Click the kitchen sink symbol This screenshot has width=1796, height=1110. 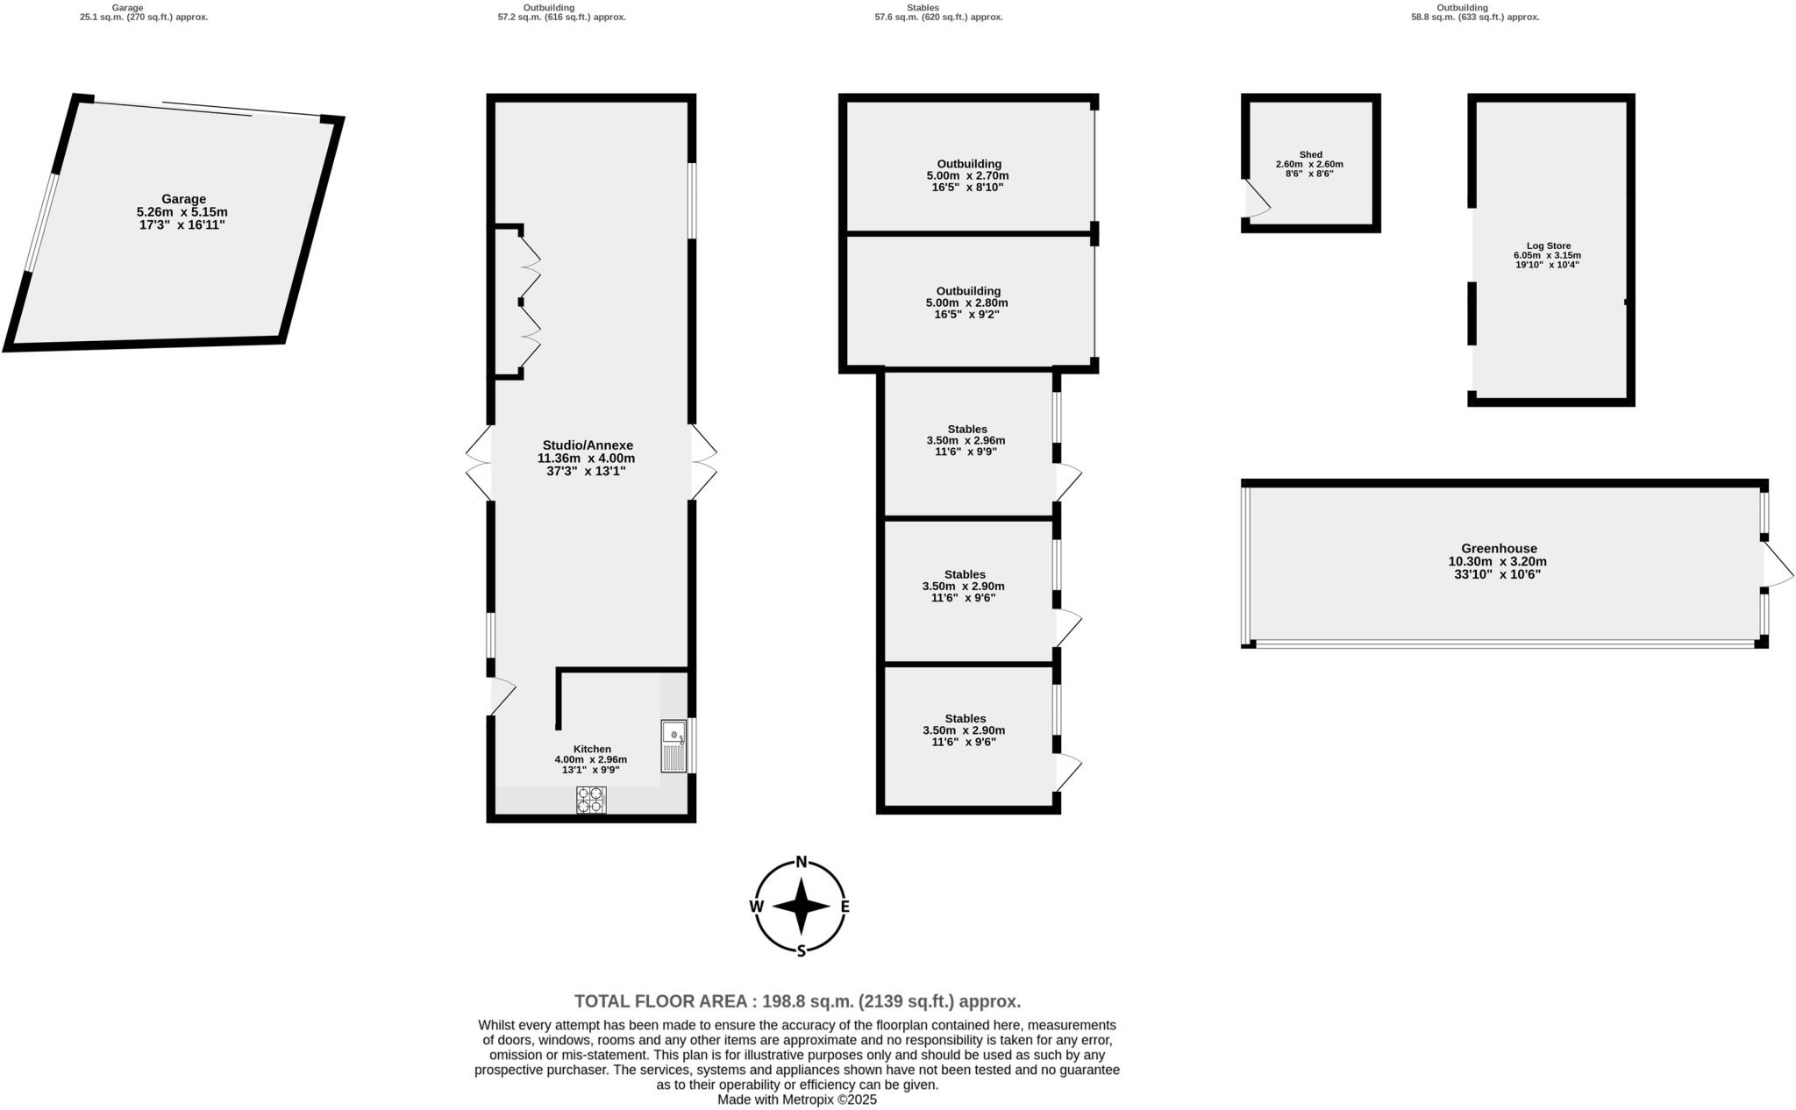(673, 745)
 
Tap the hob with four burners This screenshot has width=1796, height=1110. (590, 800)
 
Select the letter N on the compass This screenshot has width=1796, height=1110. (801, 862)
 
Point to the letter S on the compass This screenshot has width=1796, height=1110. (801, 951)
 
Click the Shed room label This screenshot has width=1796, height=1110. (1310, 155)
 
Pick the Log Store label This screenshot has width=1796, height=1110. (1548, 246)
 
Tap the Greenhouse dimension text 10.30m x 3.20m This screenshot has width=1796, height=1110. (1497, 562)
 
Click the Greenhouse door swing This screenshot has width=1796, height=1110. (1778, 565)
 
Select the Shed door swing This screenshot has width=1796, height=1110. (1257, 199)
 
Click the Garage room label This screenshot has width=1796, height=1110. (183, 199)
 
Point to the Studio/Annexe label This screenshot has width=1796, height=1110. (587, 445)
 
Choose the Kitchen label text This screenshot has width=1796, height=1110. (592, 749)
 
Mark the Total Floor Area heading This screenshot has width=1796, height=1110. (797, 1001)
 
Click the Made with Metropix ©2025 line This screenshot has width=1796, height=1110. (797, 1099)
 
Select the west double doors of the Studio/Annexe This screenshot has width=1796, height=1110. (479, 463)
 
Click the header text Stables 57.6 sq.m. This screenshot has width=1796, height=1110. (938, 12)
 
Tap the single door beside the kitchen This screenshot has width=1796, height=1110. (502, 696)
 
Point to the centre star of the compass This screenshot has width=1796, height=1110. (801, 907)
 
